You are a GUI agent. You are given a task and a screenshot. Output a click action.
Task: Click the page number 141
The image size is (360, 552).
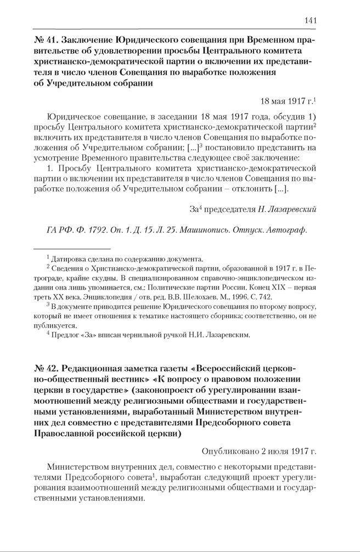310,20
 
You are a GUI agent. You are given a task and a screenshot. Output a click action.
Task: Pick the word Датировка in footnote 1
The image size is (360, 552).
69,258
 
